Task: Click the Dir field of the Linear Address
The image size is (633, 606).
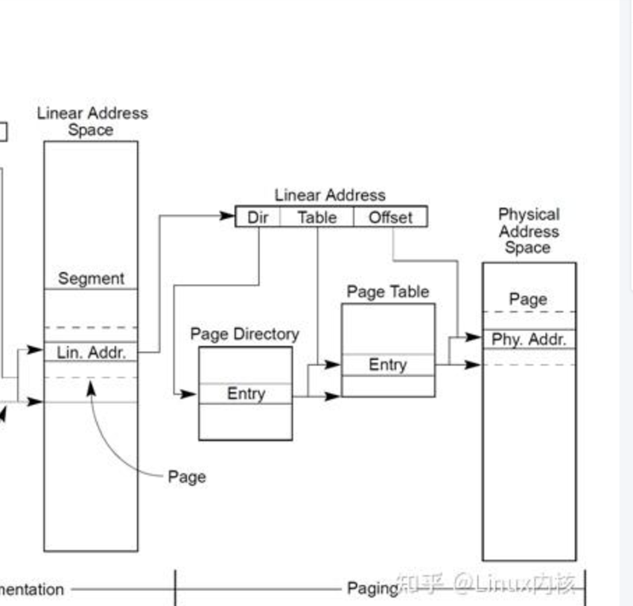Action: (x=258, y=217)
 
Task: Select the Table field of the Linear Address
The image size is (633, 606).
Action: (x=316, y=217)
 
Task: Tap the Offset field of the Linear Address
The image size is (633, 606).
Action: (x=390, y=217)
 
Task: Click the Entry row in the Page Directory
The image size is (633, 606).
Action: (x=246, y=394)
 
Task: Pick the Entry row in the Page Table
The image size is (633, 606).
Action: (x=388, y=364)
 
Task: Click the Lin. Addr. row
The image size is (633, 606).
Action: (x=92, y=352)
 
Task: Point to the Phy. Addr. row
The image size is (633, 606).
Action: (x=529, y=339)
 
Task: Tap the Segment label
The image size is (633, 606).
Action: (x=92, y=279)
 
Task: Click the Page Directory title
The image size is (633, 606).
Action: (x=245, y=334)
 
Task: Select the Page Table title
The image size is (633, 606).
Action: (x=388, y=291)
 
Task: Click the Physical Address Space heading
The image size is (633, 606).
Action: (x=529, y=231)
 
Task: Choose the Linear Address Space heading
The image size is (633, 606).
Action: (x=92, y=121)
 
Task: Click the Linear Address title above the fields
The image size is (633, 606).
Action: (x=330, y=195)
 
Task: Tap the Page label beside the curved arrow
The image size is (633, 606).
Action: (x=187, y=476)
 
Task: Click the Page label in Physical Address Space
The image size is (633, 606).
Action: (x=529, y=299)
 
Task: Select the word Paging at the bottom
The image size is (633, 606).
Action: (x=372, y=588)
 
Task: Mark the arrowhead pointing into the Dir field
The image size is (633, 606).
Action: (x=228, y=216)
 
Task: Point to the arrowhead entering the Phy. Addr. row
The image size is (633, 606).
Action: (x=474, y=337)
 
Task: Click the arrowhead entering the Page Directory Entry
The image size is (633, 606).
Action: (x=189, y=394)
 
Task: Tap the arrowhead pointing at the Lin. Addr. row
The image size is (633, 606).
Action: (x=35, y=350)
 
